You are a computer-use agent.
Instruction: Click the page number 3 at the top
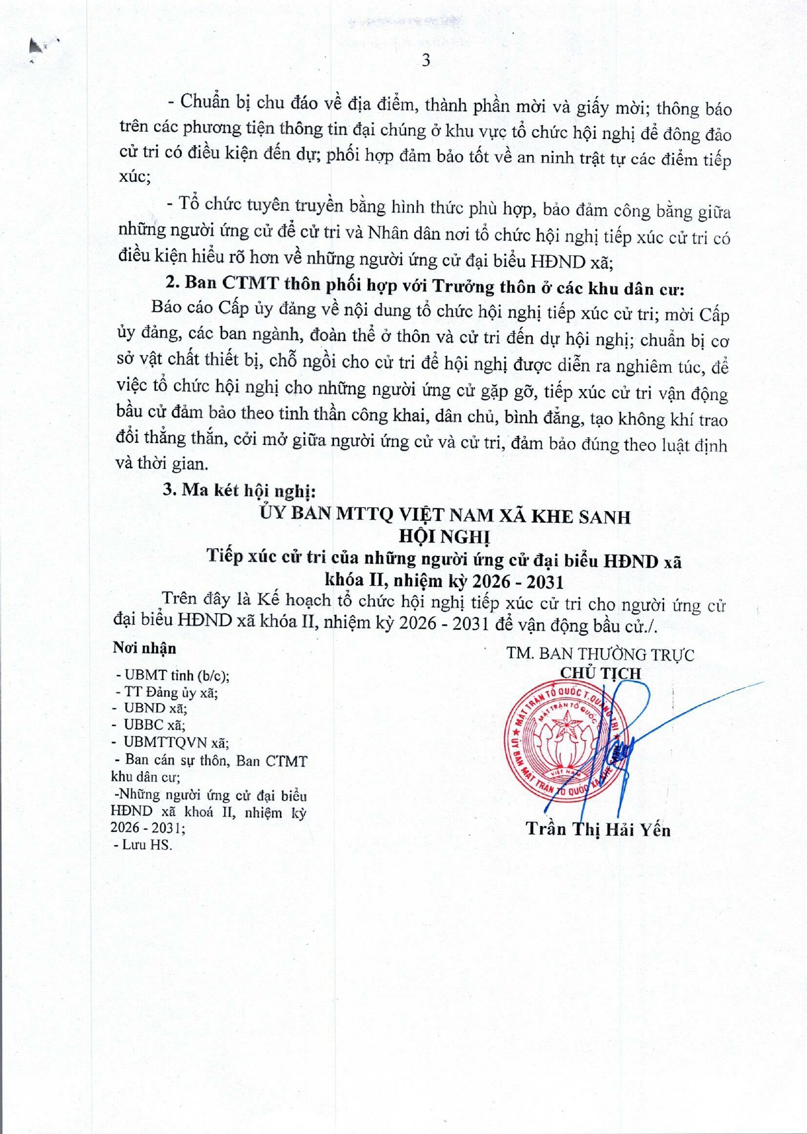pyautogui.click(x=426, y=60)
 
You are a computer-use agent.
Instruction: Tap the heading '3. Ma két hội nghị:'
pyautogui.click(x=239, y=490)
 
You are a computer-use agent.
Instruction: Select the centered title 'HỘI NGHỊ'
pyautogui.click(x=444, y=536)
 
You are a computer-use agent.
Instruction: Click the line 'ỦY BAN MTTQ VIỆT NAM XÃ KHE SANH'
pyautogui.click(x=444, y=516)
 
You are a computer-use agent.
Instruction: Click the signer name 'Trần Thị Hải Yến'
pyautogui.click(x=598, y=829)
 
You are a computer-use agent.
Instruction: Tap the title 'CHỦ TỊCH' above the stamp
pyautogui.click(x=600, y=674)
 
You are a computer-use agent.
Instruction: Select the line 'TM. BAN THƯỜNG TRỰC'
pyautogui.click(x=600, y=654)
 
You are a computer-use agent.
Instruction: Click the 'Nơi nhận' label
pyautogui.click(x=144, y=648)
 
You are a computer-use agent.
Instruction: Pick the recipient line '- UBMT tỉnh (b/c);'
pyautogui.click(x=172, y=675)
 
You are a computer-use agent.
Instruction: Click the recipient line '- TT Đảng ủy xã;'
pyautogui.click(x=166, y=692)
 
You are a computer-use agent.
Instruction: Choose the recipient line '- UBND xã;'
pyautogui.click(x=151, y=709)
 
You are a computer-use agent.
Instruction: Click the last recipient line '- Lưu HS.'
pyautogui.click(x=143, y=845)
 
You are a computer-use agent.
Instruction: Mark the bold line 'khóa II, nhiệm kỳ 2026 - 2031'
pyautogui.click(x=444, y=581)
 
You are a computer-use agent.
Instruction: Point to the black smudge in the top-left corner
pyautogui.click(x=40, y=47)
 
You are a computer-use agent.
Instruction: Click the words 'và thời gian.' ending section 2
pyautogui.click(x=162, y=463)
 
